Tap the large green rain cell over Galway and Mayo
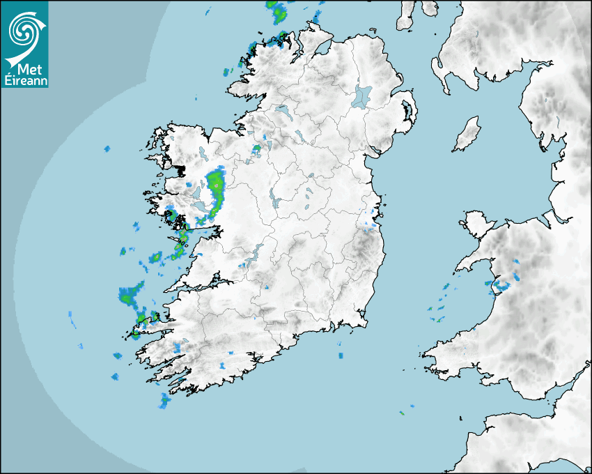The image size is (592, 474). pos(217,188)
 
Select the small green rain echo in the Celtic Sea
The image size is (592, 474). pos(402,413)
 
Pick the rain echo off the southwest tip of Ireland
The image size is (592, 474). pos(164,400)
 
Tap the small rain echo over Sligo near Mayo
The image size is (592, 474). pos(256,148)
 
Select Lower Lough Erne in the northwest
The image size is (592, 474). pos(282,110)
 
